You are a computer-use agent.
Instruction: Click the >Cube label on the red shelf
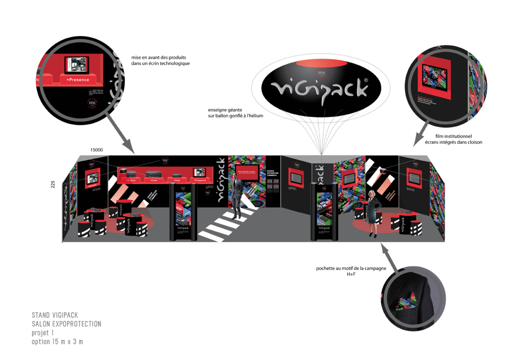154,180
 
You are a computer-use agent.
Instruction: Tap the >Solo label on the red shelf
177,180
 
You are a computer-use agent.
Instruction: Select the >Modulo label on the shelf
131,180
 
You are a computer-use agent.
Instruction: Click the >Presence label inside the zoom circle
78,80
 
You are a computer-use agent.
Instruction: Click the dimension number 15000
96,150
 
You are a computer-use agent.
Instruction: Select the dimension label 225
53,184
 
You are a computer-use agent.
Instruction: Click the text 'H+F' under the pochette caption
351,274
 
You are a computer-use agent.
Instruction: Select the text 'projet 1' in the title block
43,333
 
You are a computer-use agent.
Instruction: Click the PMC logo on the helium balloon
321,73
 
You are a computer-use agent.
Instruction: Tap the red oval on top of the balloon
322,63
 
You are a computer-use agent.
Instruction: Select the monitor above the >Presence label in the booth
199,172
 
